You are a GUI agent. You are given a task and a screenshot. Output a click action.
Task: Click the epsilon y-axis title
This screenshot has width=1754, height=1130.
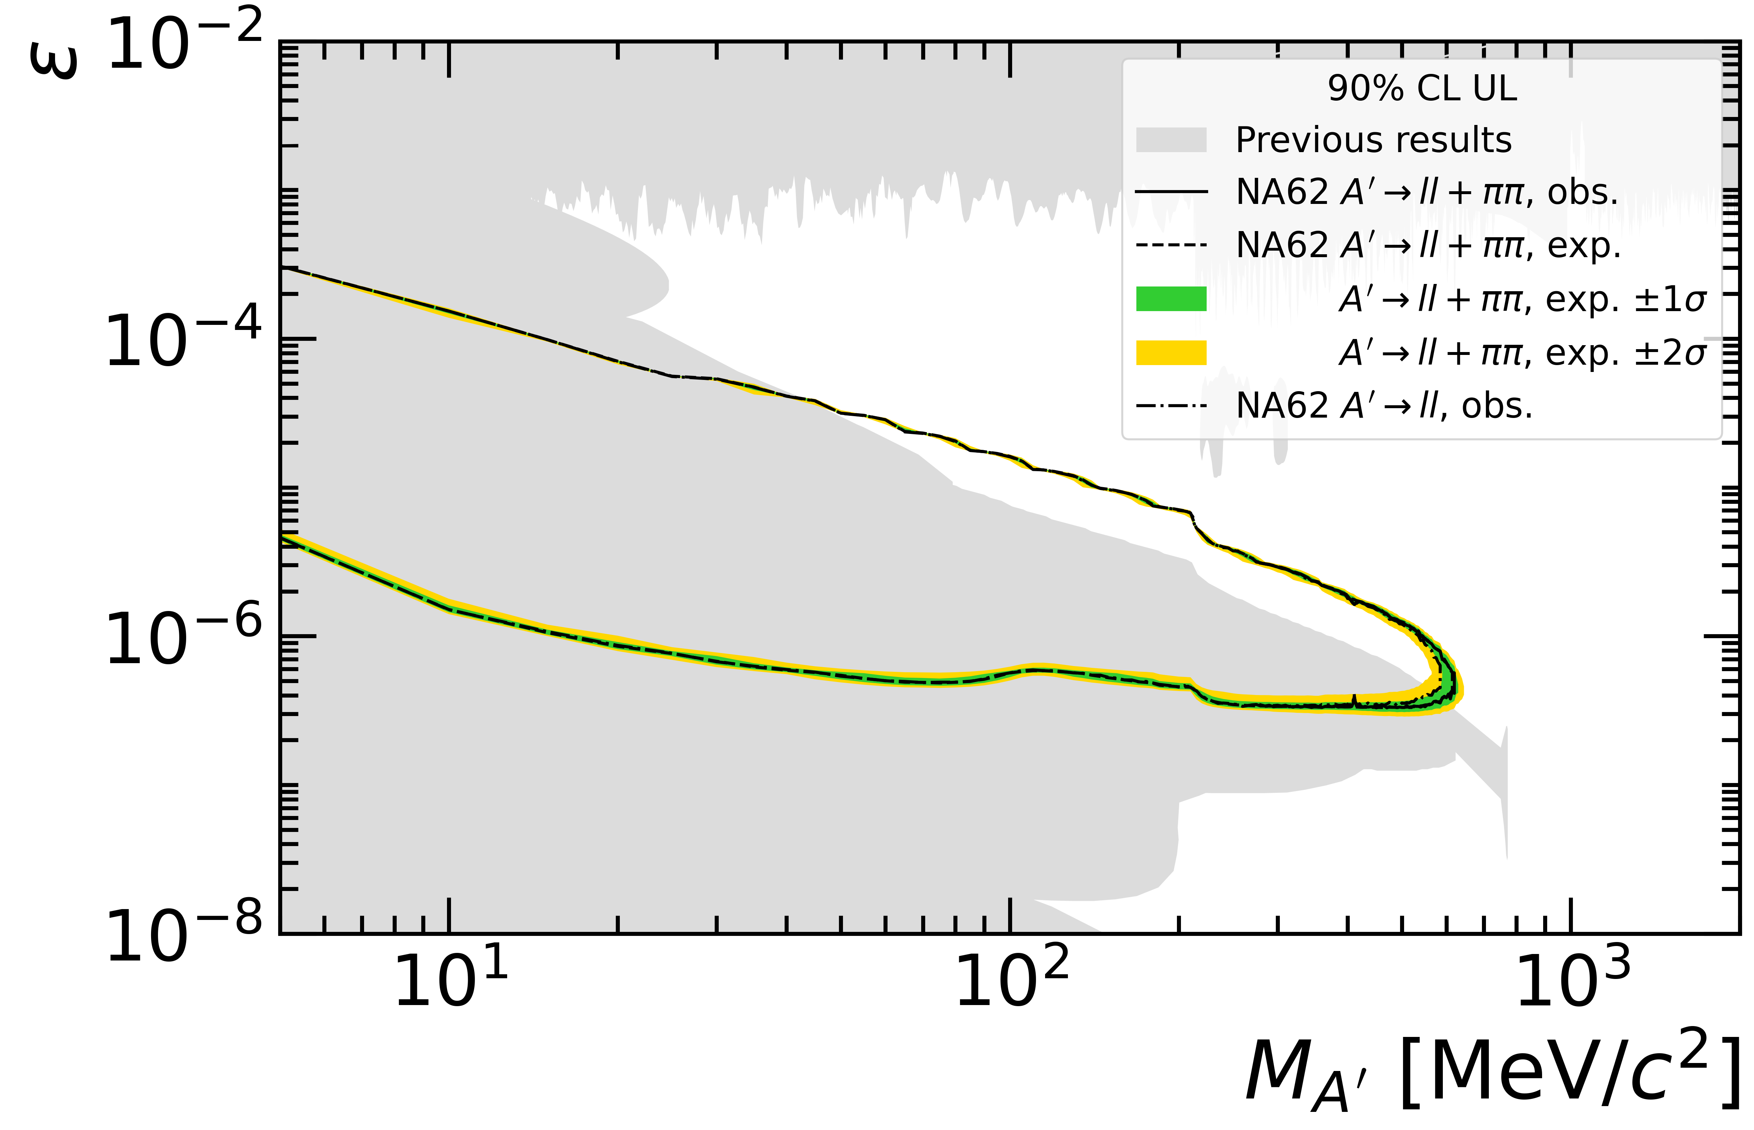coord(53,59)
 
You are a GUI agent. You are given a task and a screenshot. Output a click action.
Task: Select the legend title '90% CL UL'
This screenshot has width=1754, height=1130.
coord(1421,89)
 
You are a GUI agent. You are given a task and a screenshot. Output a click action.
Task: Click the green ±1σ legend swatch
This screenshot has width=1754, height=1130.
coord(1171,300)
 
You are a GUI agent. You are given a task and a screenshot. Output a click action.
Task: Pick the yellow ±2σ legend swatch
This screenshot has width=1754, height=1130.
coord(1171,352)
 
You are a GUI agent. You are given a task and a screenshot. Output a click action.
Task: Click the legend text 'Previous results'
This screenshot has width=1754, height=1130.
coord(1373,140)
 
